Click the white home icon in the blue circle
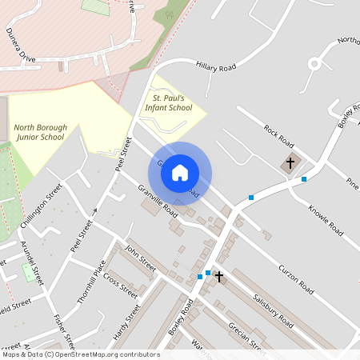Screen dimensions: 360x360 [x=180, y=173]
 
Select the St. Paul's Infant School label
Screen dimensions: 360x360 [x=168, y=102]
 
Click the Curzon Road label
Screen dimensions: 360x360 [x=299, y=277]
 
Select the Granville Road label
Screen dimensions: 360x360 [x=157, y=201]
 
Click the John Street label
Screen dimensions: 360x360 [x=141, y=260]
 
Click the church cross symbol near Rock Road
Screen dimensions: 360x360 [x=290, y=163]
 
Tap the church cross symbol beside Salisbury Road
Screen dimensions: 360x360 [x=218, y=276]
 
